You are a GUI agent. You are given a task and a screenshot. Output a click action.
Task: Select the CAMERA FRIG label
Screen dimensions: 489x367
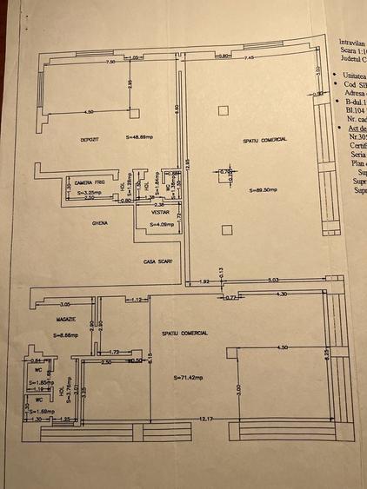pyautogui.click(x=90, y=182)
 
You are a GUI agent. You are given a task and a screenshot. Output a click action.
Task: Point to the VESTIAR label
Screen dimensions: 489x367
pyautogui.click(x=159, y=211)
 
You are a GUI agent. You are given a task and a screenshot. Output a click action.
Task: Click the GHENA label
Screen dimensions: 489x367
pyautogui.click(x=100, y=223)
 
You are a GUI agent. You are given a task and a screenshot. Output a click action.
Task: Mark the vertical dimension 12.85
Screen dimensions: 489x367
pyautogui.click(x=184, y=165)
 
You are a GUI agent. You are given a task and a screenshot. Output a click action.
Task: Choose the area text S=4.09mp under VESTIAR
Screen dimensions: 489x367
pyautogui.click(x=162, y=223)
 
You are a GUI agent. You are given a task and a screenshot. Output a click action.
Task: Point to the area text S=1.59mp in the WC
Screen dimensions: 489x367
pyautogui.click(x=41, y=411)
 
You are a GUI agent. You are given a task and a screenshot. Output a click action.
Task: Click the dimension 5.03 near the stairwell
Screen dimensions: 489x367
pyautogui.click(x=273, y=281)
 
